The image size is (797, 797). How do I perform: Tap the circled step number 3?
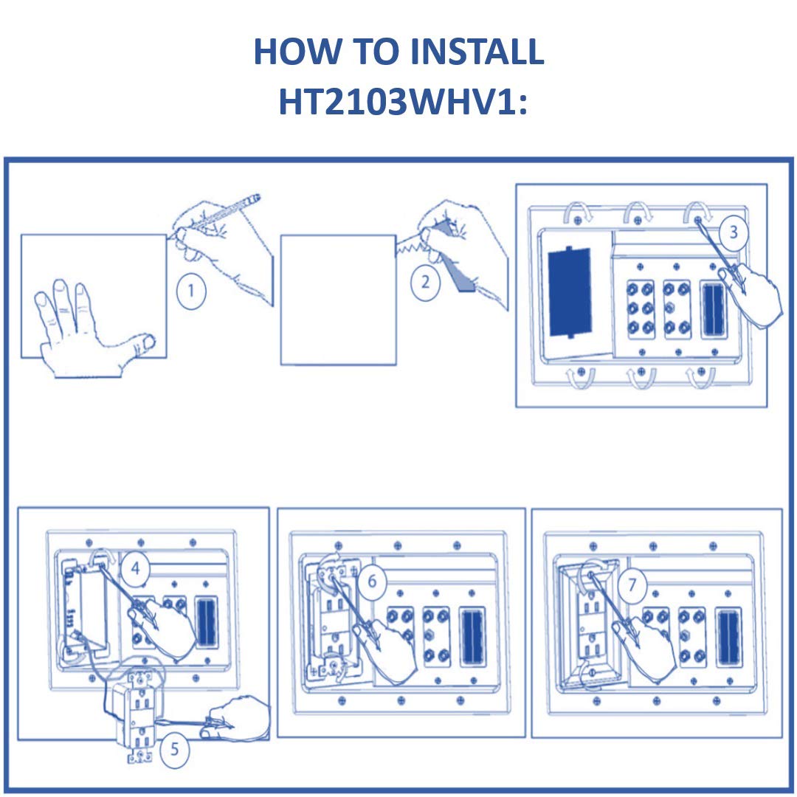[733, 232]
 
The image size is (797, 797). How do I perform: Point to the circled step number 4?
[135, 569]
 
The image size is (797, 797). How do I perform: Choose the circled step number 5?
[174, 750]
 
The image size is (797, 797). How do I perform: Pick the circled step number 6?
[372, 582]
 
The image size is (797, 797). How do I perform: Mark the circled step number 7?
[632, 586]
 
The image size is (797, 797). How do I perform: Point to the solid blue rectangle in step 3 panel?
[570, 292]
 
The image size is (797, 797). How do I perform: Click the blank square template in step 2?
[339, 300]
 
